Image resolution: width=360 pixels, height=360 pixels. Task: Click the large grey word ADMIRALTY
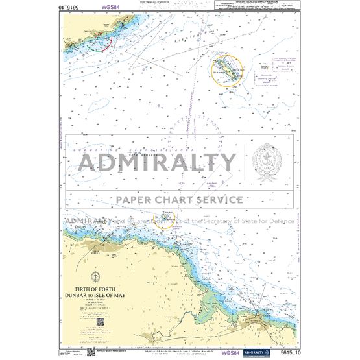pyautogui.click(x=158, y=162)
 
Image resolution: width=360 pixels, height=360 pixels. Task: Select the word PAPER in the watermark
pyautogui.click(x=135, y=200)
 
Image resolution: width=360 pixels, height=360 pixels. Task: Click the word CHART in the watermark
pyautogui.click(x=175, y=200)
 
